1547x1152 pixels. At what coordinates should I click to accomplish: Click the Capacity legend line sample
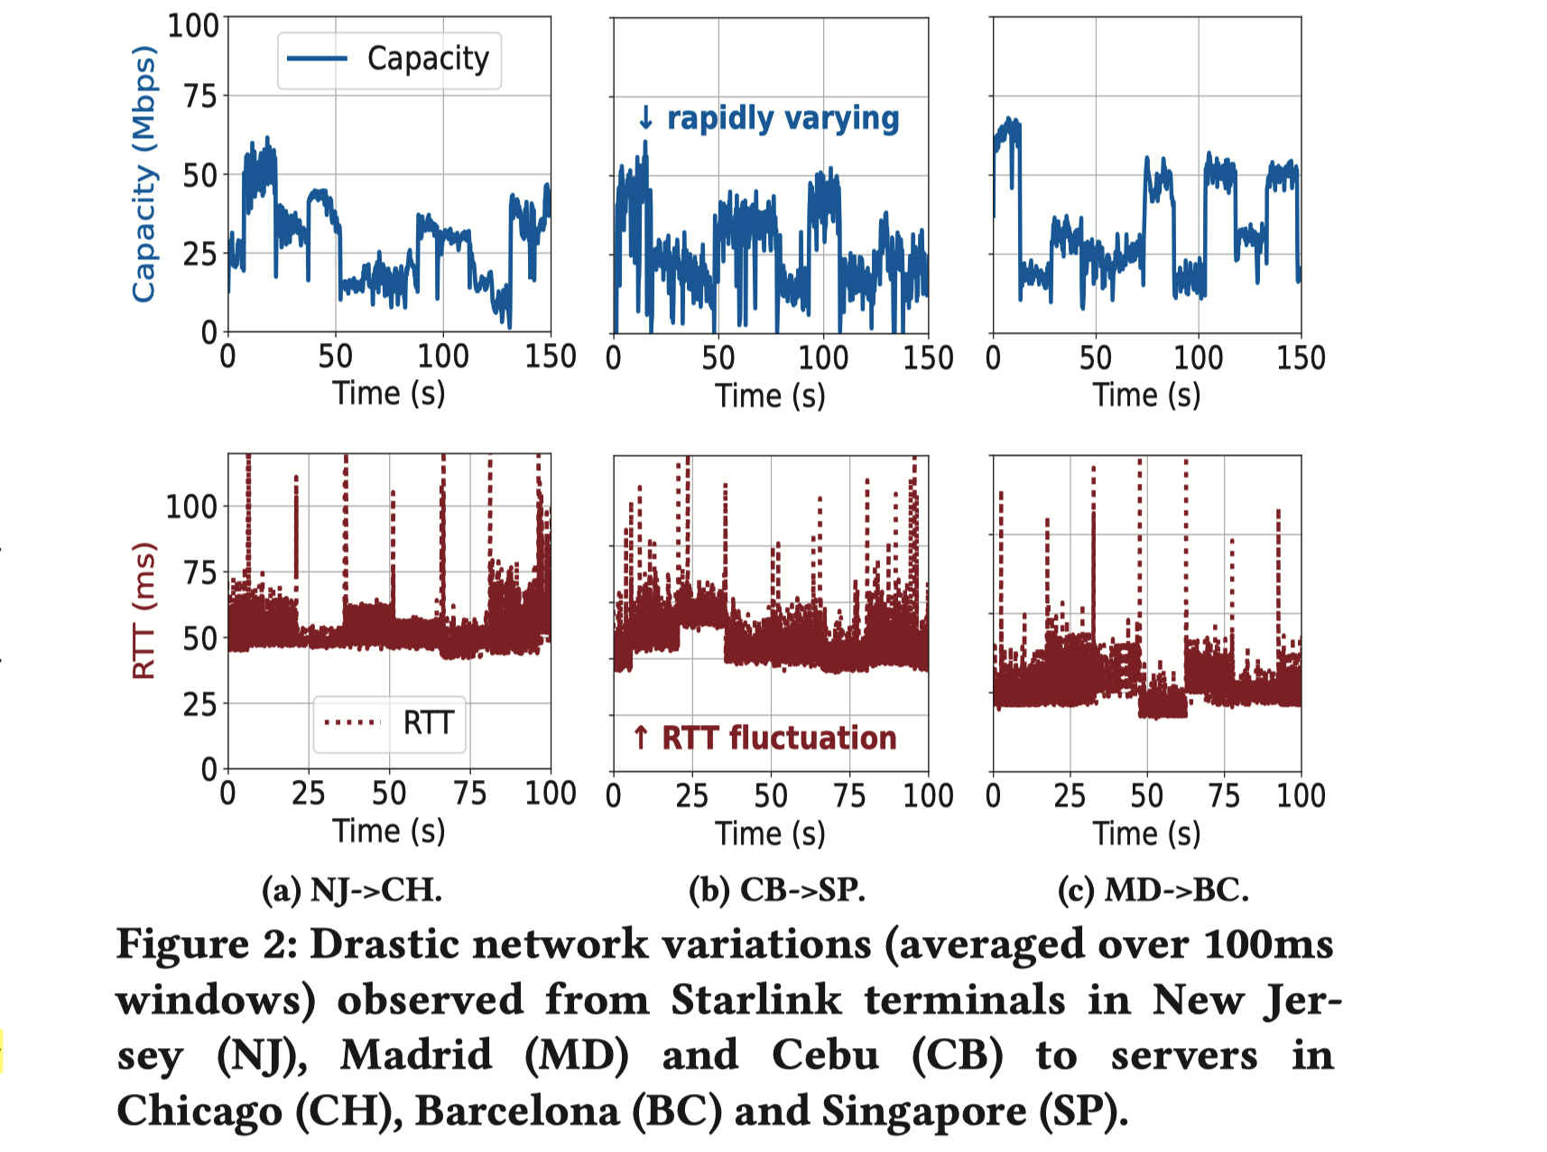(x=317, y=59)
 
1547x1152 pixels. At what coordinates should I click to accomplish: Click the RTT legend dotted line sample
(x=353, y=722)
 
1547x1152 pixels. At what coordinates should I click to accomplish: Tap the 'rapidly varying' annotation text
(x=783, y=118)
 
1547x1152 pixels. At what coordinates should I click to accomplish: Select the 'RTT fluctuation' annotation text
(x=779, y=738)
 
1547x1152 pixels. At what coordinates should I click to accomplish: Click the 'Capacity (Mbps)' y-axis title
(x=144, y=173)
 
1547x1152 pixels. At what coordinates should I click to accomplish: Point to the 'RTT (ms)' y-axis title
(x=144, y=610)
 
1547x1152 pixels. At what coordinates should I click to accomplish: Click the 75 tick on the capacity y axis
(x=200, y=96)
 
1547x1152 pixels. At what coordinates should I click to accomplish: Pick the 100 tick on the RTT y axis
(x=191, y=506)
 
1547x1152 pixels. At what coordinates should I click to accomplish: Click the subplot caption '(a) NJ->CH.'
(x=352, y=890)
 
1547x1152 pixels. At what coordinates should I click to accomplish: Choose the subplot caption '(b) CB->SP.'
(x=777, y=890)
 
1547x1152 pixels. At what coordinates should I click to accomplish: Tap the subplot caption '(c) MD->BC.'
(x=1153, y=890)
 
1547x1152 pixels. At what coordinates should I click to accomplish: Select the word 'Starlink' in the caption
(x=755, y=1000)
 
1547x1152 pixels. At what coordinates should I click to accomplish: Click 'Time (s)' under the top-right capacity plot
(x=1146, y=395)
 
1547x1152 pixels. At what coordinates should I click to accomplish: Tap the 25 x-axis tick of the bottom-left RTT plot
(x=308, y=794)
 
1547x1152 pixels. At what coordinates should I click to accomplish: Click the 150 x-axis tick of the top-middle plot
(x=928, y=358)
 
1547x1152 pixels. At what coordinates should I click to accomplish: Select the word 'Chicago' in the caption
(x=199, y=1111)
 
